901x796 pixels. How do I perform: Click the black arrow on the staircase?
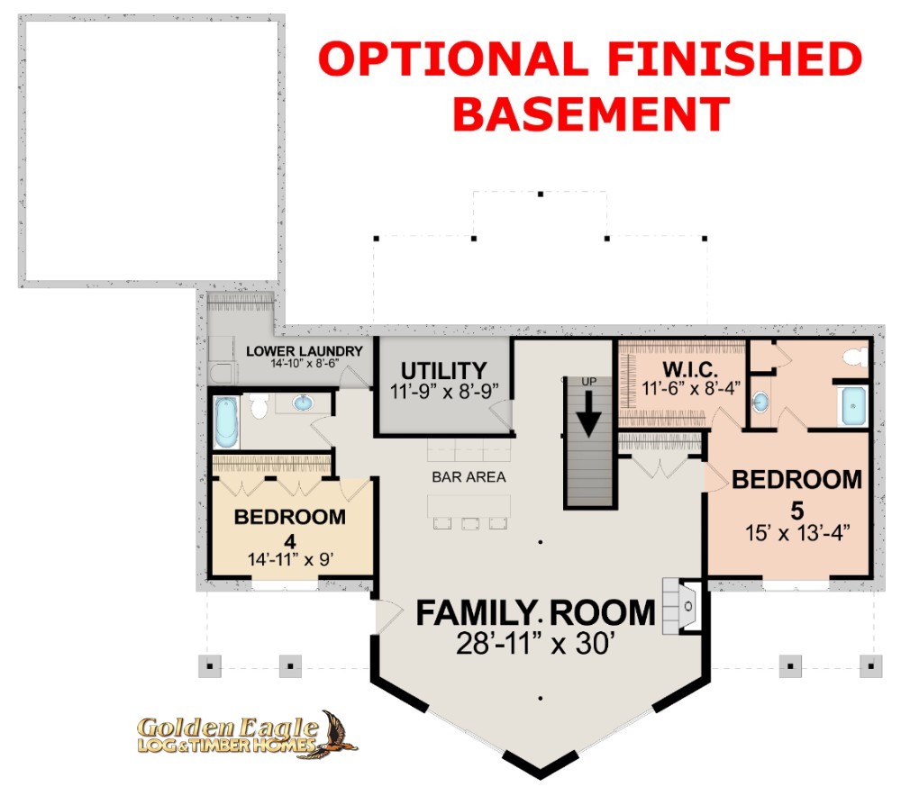588,413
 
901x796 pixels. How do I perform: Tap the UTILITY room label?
443,370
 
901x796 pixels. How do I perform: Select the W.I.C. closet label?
690,368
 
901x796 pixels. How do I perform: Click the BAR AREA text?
469,476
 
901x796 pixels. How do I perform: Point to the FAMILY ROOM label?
535,613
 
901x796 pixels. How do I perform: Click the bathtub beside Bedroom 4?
226,422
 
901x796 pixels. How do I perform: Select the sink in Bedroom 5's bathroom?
760,402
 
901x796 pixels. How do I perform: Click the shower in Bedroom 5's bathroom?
853,406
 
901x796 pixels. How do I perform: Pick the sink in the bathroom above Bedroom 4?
303,403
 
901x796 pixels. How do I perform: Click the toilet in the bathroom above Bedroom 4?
259,405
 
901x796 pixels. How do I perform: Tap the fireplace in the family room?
682,606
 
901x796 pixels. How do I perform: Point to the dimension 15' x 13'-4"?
797,533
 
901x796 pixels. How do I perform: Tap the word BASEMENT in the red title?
591,113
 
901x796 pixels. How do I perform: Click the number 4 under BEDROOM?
290,541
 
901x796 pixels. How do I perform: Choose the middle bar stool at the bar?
470,523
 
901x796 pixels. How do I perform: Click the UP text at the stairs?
589,382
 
